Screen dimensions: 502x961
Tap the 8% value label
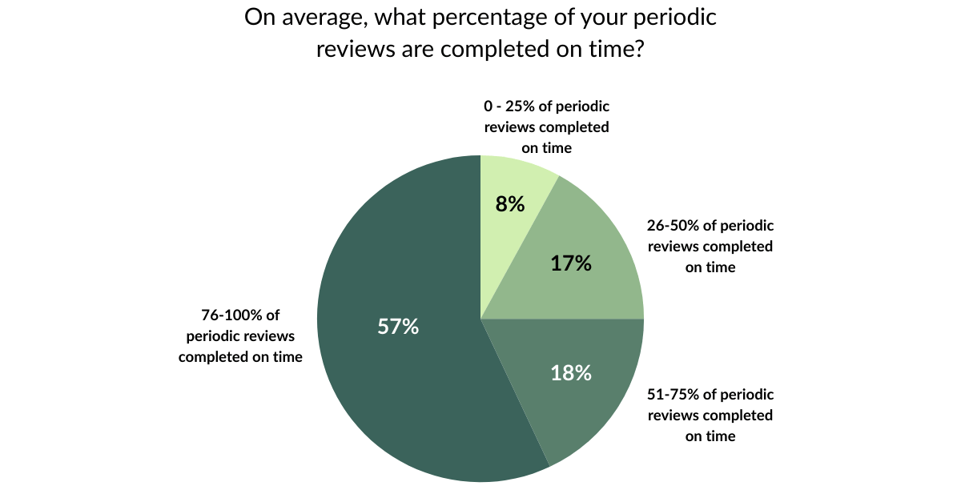[510, 203]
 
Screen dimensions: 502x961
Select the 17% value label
[571, 263]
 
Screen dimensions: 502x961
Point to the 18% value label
[571, 372]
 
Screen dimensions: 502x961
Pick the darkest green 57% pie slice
[400, 384]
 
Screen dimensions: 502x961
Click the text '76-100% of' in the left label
[240, 315]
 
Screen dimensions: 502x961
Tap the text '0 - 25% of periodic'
[546, 106]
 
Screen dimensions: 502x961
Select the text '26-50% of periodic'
[710, 226]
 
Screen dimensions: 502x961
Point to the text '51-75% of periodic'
[710, 395]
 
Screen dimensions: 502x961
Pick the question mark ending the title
[639, 50]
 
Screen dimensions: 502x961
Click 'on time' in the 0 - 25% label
[546, 147]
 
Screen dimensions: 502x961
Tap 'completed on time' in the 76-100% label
[240, 356]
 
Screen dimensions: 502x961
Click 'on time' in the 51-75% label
[710, 436]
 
